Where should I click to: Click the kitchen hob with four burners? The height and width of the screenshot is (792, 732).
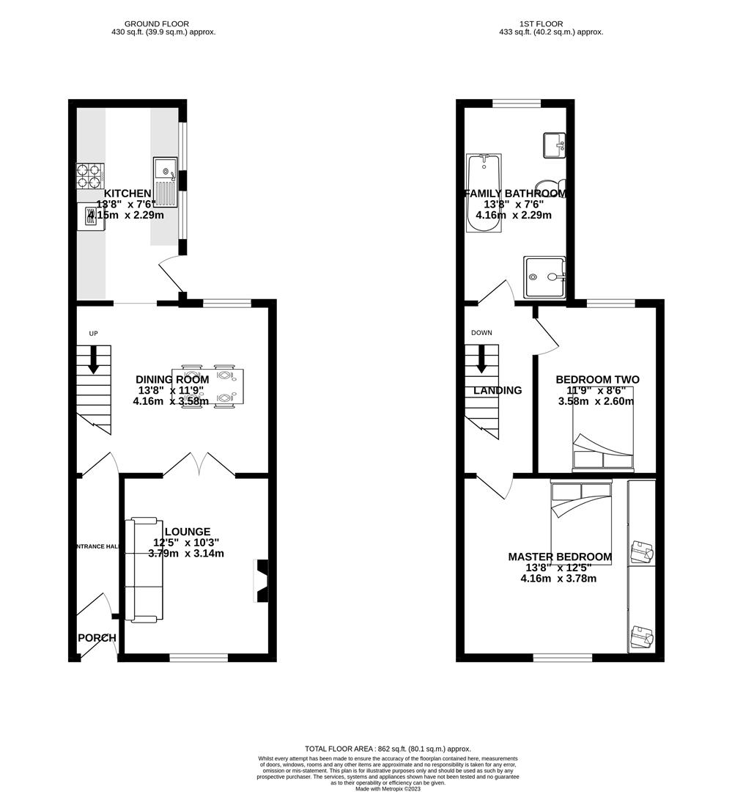90,177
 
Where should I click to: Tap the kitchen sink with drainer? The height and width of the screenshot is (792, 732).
166,182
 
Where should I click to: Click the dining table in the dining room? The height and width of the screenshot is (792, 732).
207,385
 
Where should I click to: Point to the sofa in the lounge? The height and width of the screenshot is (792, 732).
143,570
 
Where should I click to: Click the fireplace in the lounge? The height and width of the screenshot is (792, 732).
261,581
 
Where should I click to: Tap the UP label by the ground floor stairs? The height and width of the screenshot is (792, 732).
93,334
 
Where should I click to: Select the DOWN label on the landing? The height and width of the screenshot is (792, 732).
481,333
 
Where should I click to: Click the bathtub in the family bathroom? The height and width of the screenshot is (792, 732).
484,193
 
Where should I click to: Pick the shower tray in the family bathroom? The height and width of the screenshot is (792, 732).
544,277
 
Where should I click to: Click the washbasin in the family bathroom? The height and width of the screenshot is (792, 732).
554,145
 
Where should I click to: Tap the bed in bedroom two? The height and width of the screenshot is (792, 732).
602,429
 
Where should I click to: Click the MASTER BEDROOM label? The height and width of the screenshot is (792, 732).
560,557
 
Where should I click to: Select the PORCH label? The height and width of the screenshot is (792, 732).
97,638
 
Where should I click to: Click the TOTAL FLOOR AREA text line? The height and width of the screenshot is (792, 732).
388,749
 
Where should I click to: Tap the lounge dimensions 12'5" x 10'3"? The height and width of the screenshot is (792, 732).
186,543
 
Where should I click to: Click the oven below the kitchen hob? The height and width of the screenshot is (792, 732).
91,216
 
